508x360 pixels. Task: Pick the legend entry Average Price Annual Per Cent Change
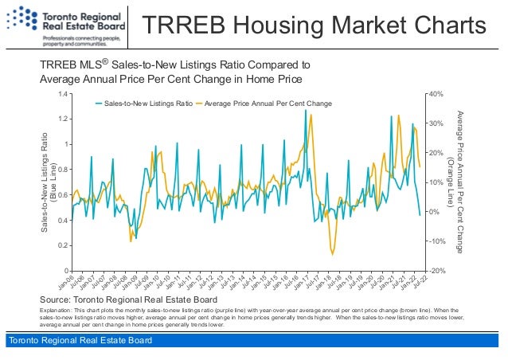268,104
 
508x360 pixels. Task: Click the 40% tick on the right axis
435,94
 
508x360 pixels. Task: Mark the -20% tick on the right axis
436,271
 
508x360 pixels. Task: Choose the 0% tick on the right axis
433,212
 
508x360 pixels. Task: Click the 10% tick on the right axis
435,182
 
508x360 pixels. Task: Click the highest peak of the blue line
306,111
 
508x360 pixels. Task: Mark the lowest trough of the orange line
333,254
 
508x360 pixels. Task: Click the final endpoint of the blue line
420,215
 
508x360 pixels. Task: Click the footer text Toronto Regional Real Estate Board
79,342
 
